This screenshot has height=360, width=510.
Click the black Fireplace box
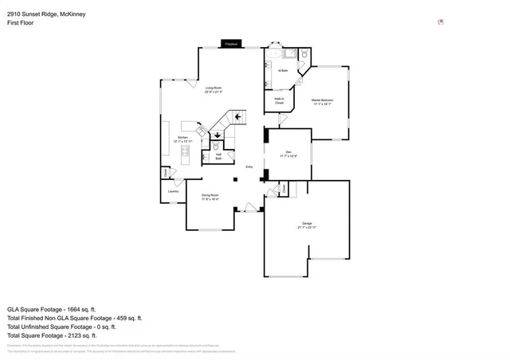click(231, 45)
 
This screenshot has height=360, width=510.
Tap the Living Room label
click(213, 89)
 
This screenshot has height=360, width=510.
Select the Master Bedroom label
click(322, 101)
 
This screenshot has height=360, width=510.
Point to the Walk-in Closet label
click(280, 101)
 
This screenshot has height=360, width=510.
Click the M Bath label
click(283, 71)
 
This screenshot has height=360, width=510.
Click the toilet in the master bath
click(304, 56)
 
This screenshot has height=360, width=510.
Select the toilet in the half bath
click(216, 148)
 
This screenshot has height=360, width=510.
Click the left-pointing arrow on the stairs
click(237, 116)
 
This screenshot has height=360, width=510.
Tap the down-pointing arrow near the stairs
click(218, 135)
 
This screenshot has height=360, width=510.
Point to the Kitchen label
click(182, 140)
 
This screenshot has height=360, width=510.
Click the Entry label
click(249, 166)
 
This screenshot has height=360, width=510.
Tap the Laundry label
click(173, 191)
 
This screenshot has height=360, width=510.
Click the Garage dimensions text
click(307, 228)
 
